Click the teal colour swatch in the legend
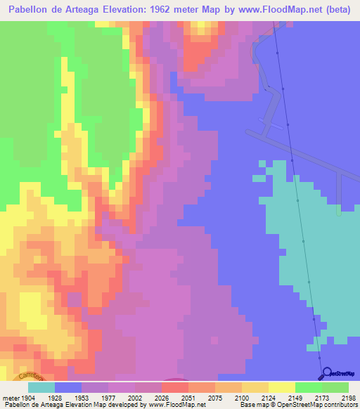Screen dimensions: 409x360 (x=41, y=387)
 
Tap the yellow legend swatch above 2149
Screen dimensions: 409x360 (x=281, y=387)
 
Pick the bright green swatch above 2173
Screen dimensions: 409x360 (x=308, y=387)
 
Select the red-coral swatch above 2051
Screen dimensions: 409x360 (x=175, y=387)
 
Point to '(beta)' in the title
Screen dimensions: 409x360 (x=338, y=9)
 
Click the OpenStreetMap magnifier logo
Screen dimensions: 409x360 (x=326, y=372)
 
